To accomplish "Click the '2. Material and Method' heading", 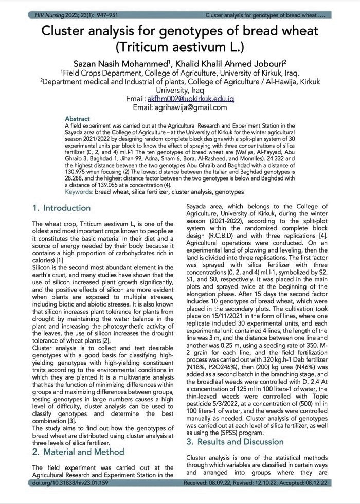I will point(78,452).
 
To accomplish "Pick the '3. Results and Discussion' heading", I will point(235,442).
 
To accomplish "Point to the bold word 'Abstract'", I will point(78,119).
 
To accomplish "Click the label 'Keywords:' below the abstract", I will point(79,192).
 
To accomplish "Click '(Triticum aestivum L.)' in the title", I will point(179,48).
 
